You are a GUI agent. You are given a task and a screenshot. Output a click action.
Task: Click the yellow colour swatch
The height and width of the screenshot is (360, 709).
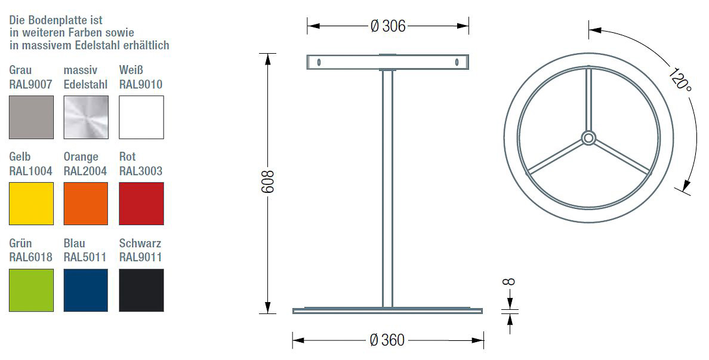pos(31,204)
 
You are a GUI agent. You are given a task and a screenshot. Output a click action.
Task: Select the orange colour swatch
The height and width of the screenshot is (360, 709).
pos(86,204)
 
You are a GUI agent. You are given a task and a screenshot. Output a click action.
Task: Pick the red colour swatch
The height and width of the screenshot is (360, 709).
pos(141,204)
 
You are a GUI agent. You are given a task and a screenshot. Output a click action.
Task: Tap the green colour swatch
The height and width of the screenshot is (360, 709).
pos(31,290)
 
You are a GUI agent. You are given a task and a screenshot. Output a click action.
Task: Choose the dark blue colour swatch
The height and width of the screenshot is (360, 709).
pos(86,290)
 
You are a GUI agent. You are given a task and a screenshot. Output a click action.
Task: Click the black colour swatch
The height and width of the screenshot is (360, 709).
pos(141,290)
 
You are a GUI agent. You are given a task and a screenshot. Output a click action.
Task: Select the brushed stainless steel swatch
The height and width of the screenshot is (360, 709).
pos(86,117)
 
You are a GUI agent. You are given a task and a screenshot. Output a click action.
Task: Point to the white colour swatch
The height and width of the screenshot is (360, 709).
pos(141,117)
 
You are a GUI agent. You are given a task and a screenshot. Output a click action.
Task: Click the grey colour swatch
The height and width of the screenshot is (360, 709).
pos(31,117)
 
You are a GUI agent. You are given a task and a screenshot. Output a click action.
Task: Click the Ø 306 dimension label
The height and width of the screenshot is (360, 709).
pos(388,26)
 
